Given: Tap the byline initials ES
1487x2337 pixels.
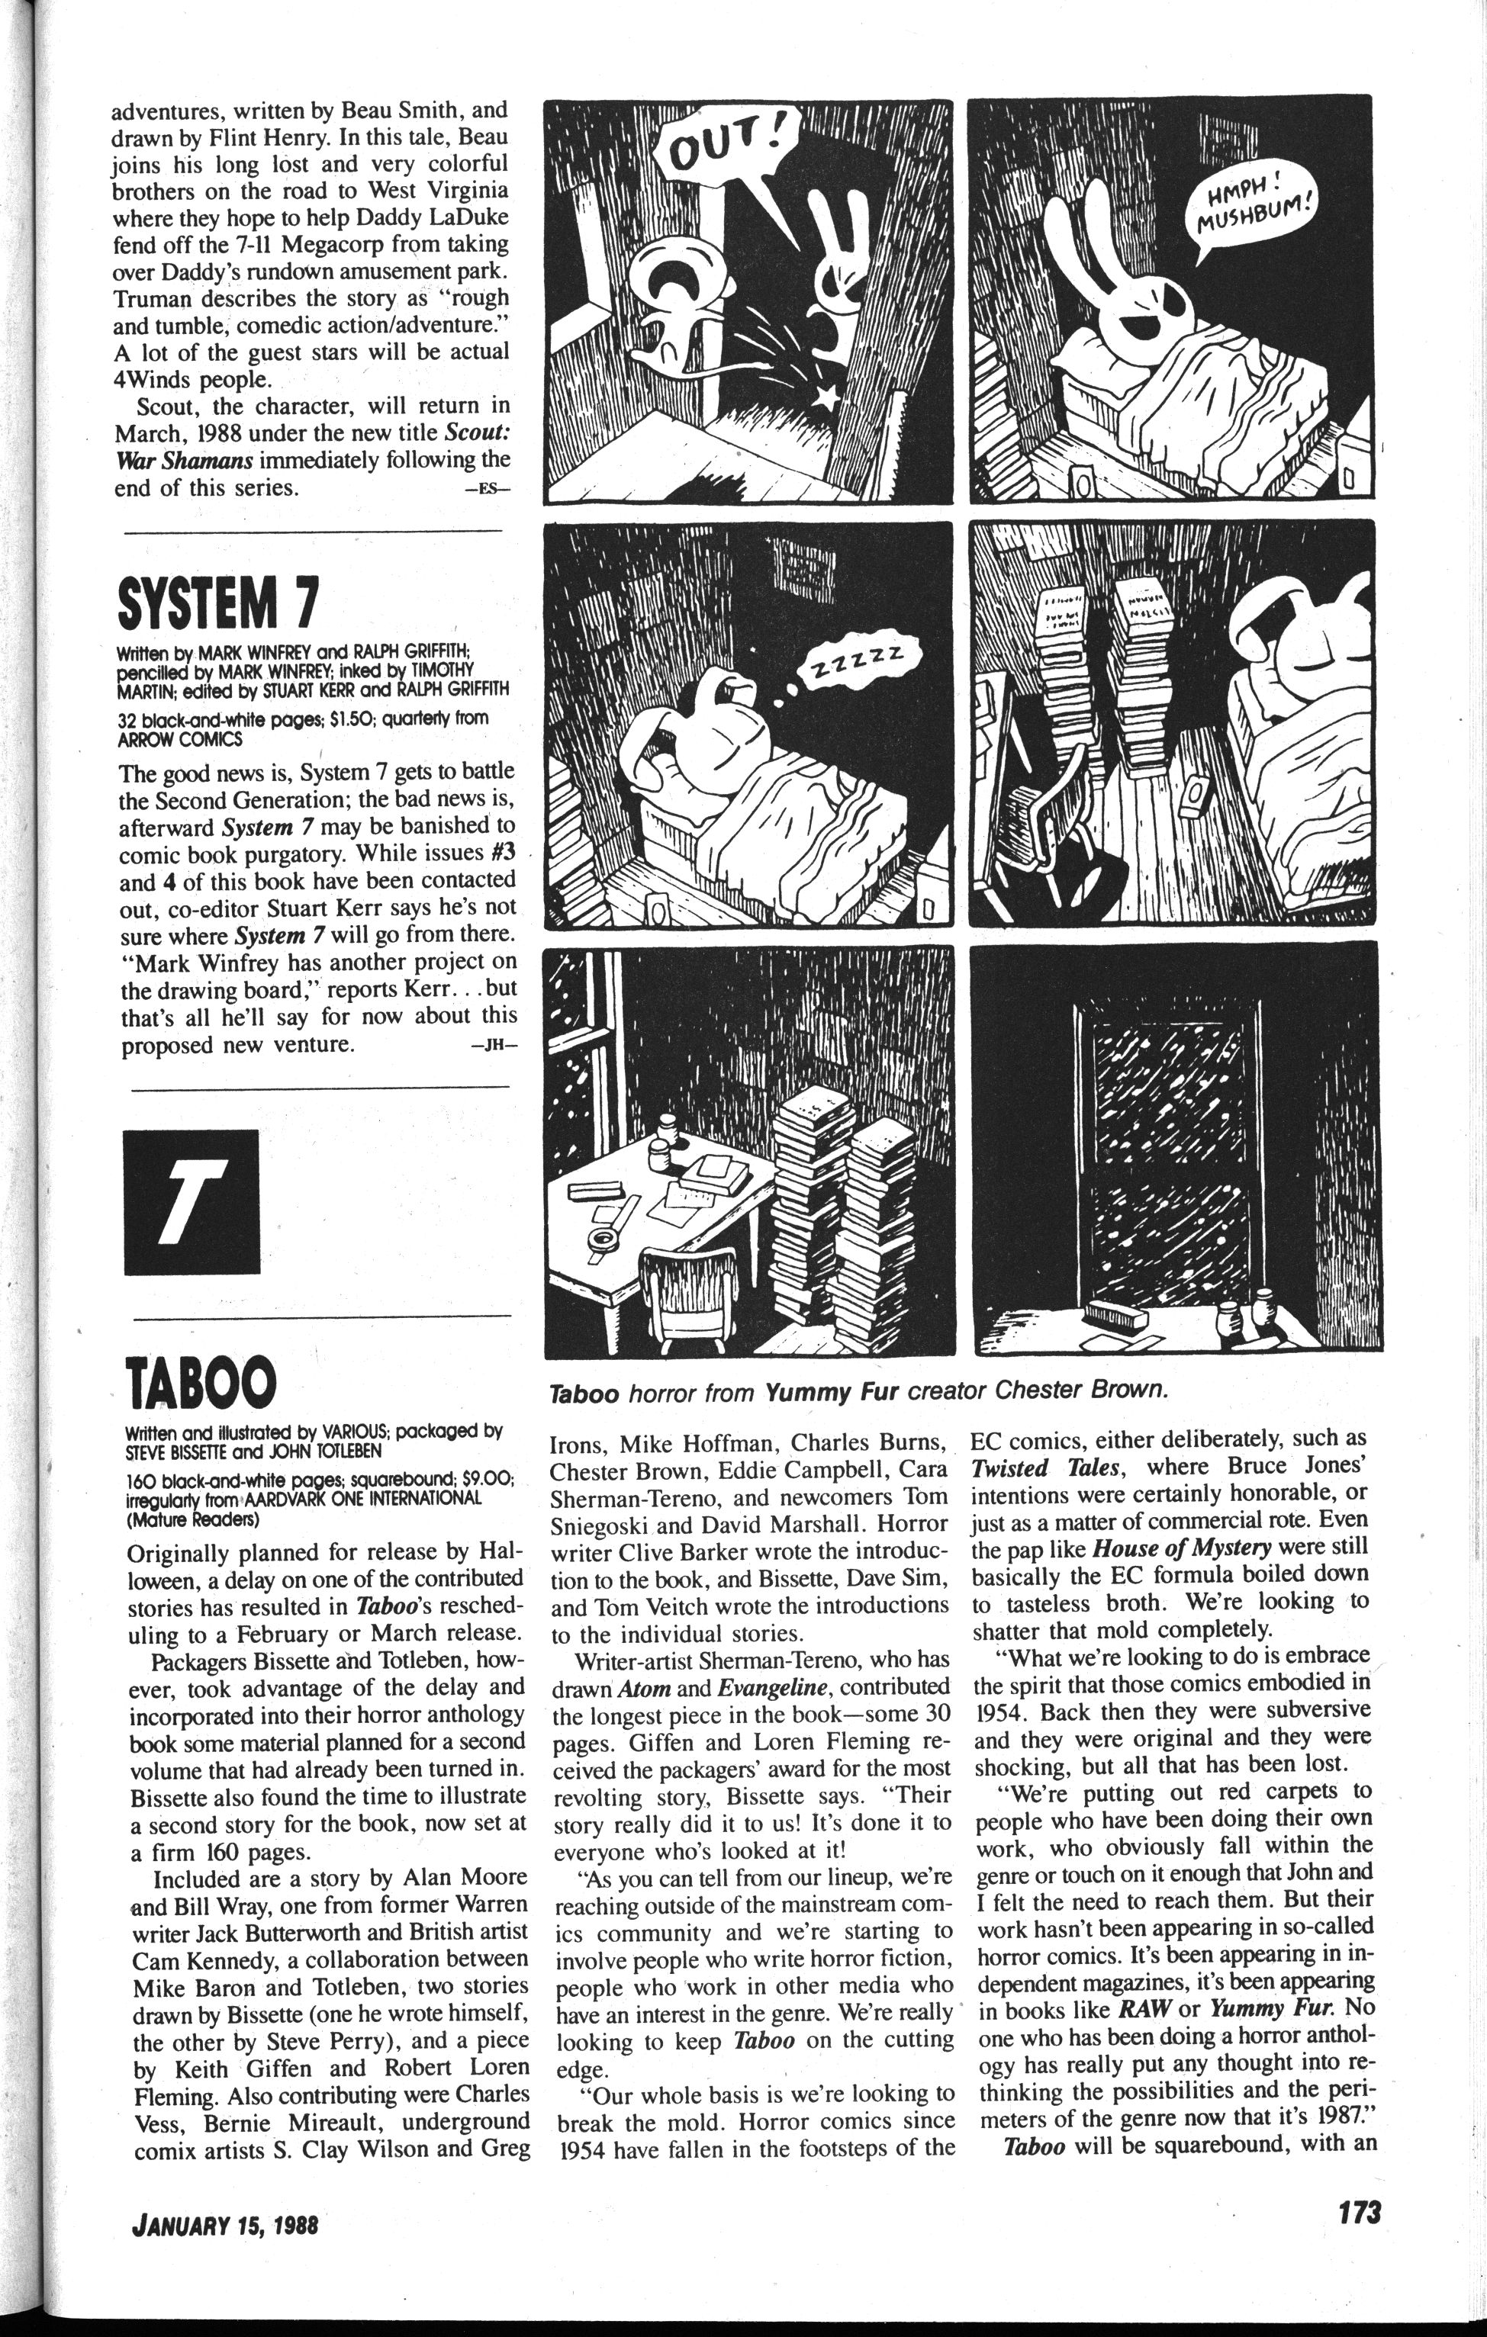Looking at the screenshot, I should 486,491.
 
